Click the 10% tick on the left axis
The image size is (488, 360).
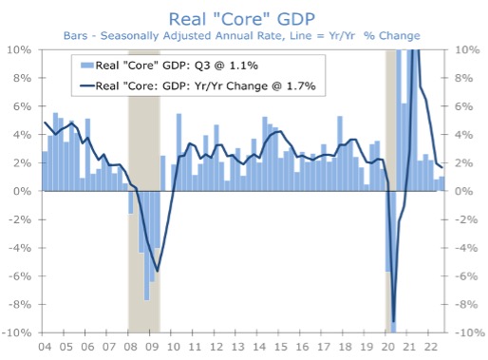click(x=22, y=49)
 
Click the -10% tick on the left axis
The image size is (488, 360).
click(x=20, y=333)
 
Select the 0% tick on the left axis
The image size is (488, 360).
click(x=25, y=191)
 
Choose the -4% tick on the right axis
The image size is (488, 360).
click(x=466, y=248)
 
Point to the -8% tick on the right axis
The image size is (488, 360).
click(x=466, y=305)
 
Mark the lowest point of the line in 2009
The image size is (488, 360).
click(x=157, y=272)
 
